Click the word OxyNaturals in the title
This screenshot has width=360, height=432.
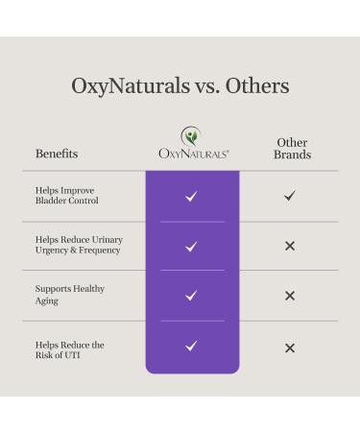click(x=129, y=85)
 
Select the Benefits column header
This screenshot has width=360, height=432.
click(x=57, y=154)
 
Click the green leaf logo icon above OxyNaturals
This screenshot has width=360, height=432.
click(x=192, y=135)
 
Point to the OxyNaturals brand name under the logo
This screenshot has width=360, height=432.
click(x=192, y=154)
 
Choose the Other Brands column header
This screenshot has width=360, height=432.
click(x=292, y=148)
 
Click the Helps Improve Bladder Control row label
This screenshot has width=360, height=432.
click(x=67, y=195)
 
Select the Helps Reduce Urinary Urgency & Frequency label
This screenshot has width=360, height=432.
click(x=79, y=245)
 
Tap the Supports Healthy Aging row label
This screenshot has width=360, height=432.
click(x=70, y=295)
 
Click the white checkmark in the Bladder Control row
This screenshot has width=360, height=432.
click(x=192, y=196)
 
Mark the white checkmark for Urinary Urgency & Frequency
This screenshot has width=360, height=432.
click(x=192, y=246)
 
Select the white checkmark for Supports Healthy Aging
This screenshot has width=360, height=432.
click(x=192, y=296)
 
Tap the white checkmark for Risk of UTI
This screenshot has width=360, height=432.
click(x=192, y=347)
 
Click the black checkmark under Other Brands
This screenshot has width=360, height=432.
click(x=290, y=196)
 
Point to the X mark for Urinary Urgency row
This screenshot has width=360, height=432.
click(x=290, y=246)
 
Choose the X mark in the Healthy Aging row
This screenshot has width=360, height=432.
click(x=290, y=296)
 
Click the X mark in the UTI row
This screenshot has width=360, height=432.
click(x=290, y=347)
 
